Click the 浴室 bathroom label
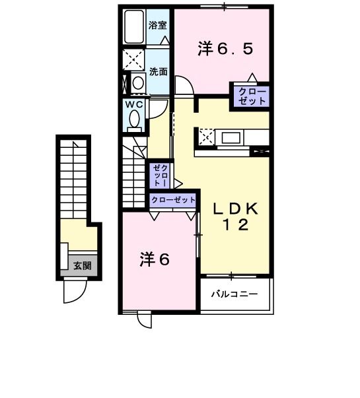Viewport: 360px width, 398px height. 157,25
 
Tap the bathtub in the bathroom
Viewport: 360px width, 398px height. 134,27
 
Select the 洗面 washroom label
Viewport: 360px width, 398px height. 158,72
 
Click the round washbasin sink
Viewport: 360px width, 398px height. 138,83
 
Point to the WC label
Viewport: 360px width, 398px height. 133,104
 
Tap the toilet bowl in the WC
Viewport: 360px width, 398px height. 134,119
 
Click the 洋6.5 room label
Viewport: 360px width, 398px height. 225,49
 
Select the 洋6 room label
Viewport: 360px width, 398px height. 154,259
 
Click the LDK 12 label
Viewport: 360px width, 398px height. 236,216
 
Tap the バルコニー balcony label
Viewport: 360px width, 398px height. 234,294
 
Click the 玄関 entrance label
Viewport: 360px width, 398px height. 83,266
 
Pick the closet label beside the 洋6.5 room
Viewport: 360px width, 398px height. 252,96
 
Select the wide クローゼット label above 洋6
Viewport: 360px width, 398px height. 173,200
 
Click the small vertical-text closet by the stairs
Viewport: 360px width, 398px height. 161,175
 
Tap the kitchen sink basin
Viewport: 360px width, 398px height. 231,138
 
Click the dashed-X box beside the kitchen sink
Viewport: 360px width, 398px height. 207,137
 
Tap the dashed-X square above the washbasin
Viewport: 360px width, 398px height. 133,60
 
